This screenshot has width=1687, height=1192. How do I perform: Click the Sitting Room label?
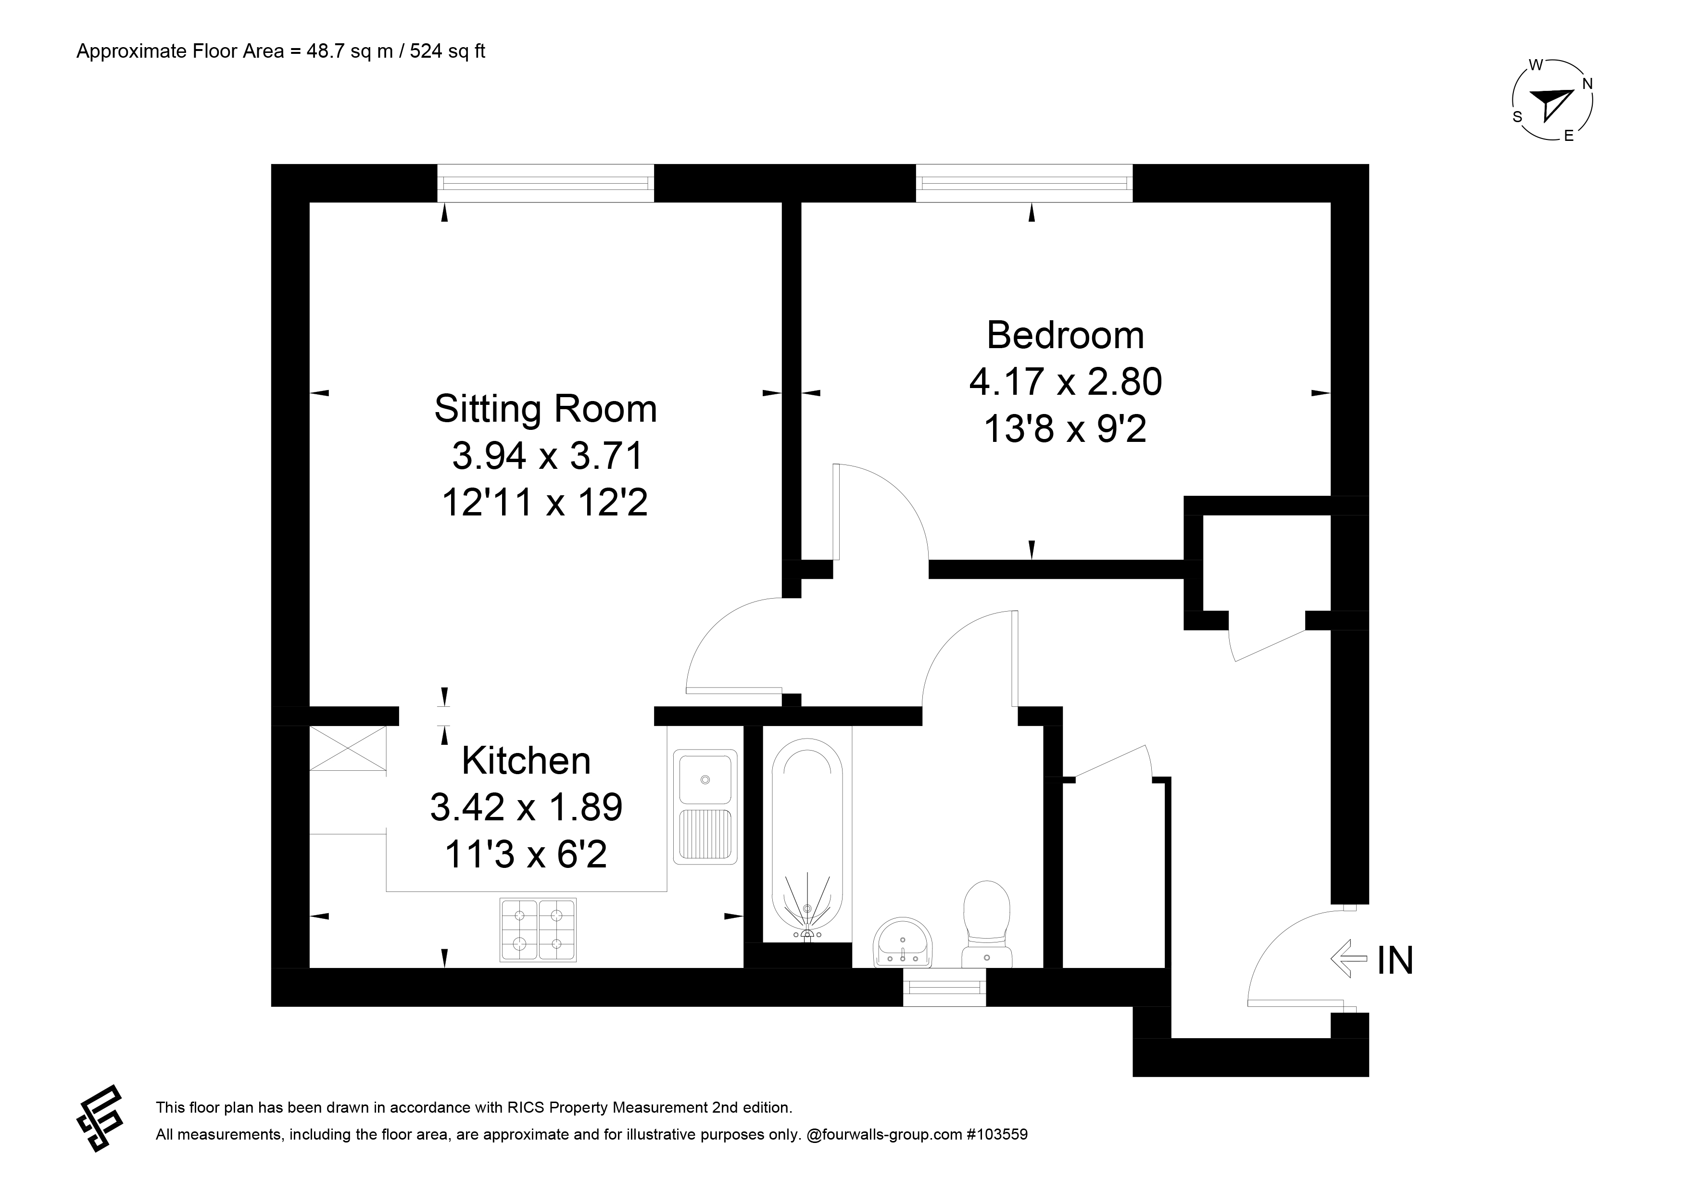coord(545,409)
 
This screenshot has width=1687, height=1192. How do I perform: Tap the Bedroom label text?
coord(1065,336)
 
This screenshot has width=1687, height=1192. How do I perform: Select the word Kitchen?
coord(526,761)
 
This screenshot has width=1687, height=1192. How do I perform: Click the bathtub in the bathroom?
coord(807,839)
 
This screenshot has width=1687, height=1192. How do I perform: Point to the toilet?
coord(987,924)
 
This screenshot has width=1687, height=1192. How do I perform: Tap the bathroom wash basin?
coord(903,942)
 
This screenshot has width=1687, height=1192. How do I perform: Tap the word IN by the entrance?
coord(1395,960)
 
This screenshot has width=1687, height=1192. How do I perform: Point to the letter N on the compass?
coord(1587,84)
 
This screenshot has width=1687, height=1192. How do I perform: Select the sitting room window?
coord(545,183)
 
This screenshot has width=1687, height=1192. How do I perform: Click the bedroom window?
coord(1024,183)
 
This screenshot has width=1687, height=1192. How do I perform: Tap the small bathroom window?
coord(944,987)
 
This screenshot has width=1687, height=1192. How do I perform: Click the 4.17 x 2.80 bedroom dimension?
coord(1065,382)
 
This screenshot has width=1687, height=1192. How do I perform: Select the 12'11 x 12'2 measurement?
coord(545,503)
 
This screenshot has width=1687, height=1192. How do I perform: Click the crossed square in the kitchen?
coord(348,748)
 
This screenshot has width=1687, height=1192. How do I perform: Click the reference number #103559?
coord(997,1135)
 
